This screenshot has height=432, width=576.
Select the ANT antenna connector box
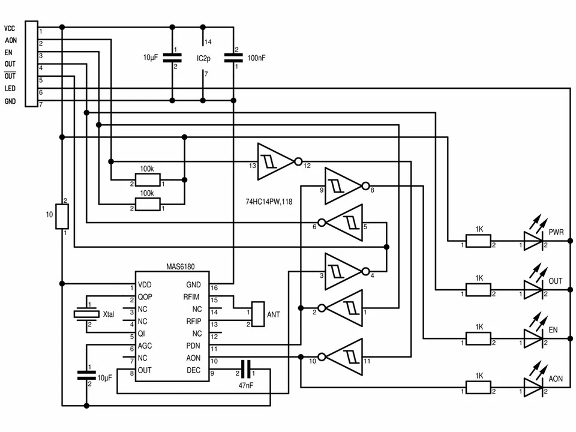[258, 314]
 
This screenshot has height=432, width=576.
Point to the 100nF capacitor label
[256, 58]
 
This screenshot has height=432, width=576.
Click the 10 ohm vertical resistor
[62, 216]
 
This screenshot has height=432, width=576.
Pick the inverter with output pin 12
[274, 161]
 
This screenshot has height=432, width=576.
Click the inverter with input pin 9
[343, 187]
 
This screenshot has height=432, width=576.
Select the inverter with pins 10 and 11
[344, 358]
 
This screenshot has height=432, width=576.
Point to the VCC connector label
[10, 28]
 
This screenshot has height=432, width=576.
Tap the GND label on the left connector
[10, 101]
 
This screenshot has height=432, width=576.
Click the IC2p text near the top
[203, 58]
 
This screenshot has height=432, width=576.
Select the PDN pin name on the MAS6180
[193, 346]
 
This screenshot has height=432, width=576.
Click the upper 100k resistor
[148, 180]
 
